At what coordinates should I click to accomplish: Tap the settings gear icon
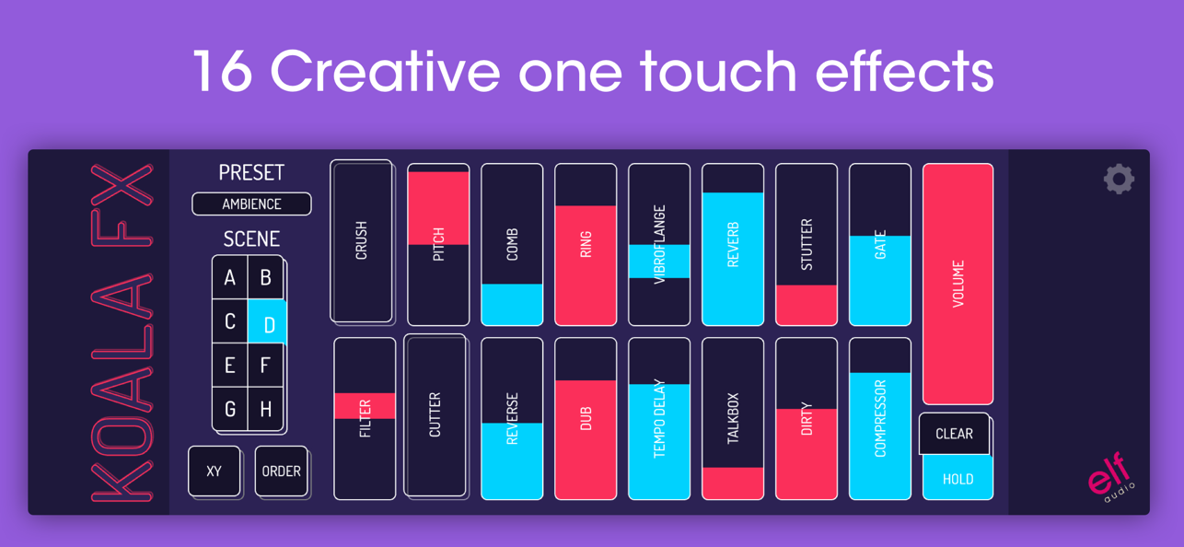[1119, 180]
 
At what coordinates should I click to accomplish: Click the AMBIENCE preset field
[251, 204]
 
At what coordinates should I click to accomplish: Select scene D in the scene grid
[267, 322]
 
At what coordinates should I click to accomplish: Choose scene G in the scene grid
[230, 409]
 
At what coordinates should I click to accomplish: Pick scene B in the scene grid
[265, 277]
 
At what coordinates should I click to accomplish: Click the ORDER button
[281, 471]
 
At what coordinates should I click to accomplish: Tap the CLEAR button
[954, 434]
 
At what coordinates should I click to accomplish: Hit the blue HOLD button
[958, 478]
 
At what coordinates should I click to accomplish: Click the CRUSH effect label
[361, 240]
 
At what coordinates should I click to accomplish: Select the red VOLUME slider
[958, 284]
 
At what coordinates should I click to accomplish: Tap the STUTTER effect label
[807, 244]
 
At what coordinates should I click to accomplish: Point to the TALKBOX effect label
[733, 418]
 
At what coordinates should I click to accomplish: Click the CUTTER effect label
[435, 415]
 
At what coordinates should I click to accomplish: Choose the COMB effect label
[512, 244]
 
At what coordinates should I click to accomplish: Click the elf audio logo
[1109, 477]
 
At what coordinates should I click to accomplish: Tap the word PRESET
[251, 173]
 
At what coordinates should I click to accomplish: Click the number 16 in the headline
[222, 71]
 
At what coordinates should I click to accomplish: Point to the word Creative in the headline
[386, 71]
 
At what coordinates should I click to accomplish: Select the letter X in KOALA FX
[122, 184]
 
